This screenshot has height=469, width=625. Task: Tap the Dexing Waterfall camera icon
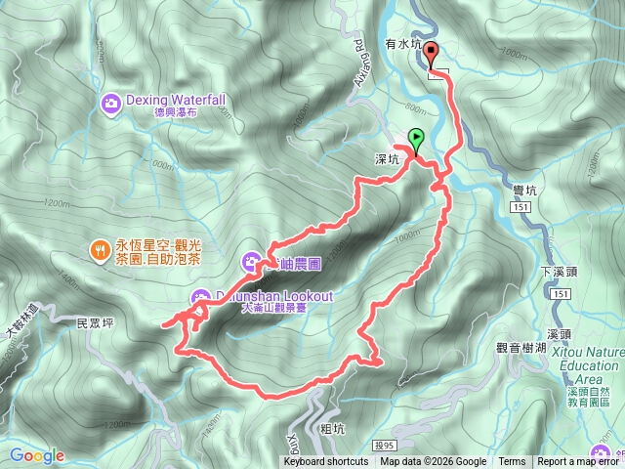[x=111, y=101]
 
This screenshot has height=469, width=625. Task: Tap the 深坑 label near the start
[x=387, y=159]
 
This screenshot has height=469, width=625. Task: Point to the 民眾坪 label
[x=95, y=320]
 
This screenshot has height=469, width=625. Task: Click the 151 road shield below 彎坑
[x=520, y=209]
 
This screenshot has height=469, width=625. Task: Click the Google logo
[x=37, y=455]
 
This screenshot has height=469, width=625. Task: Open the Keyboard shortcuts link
[x=326, y=462]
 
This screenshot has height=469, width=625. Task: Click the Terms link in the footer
[x=512, y=462]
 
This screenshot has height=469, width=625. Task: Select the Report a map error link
[x=580, y=462]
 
